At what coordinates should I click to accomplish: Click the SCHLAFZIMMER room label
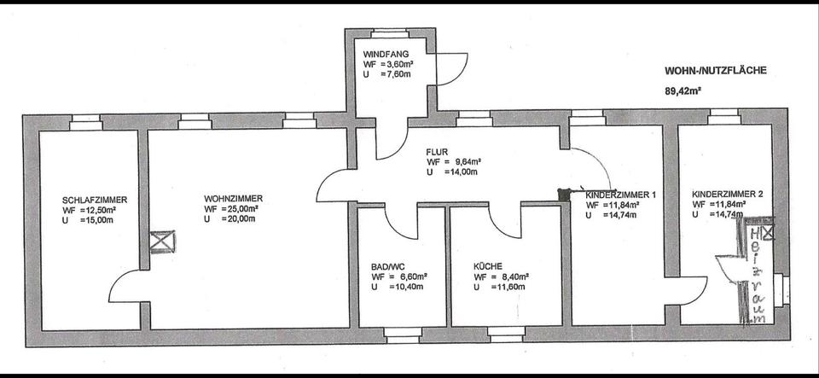pos(95,200)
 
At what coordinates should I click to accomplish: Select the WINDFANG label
pos(386,54)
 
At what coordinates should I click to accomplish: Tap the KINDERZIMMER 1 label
pos(620,195)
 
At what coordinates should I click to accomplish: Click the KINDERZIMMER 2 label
pos(728,194)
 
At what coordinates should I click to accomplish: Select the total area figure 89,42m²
pos(682,90)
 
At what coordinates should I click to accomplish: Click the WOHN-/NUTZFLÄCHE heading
pos(716,71)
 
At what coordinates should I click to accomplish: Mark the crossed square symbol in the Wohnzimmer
pos(162,241)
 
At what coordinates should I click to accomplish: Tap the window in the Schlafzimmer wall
pos(86,122)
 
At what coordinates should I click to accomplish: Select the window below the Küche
pos(507,334)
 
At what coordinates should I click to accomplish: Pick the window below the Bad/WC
pos(403,334)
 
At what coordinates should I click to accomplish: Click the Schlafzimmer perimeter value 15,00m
pos(97,220)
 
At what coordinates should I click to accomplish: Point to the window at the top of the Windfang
pos(390,33)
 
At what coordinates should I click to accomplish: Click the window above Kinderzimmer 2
pos(724,116)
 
